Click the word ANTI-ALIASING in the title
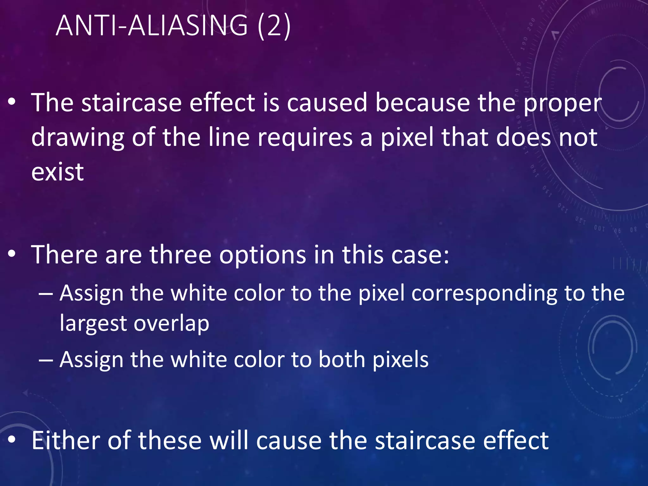tap(152, 26)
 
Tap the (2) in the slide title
tap(274, 26)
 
